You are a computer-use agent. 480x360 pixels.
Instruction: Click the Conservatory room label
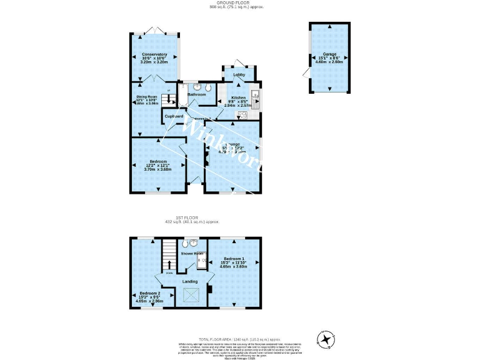[154, 54]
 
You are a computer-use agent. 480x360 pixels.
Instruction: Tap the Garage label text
[329, 54]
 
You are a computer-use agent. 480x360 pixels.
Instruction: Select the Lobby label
[239, 75]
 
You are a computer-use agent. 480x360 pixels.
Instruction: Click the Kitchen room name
[238, 98]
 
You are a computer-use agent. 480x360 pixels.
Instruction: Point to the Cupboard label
[174, 116]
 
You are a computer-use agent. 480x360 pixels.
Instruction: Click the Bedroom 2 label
[149, 293]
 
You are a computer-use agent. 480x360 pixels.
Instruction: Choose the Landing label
[190, 281]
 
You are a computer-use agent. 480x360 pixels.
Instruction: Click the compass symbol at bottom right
[326, 340]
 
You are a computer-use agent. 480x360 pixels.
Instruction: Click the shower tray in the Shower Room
[202, 263]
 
